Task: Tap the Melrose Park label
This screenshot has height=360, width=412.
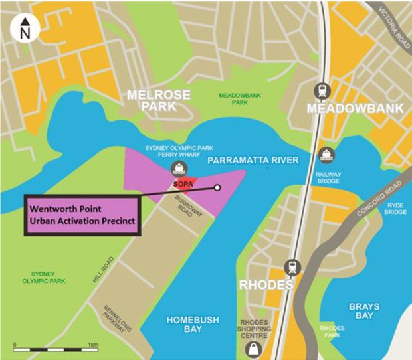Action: click(153, 100)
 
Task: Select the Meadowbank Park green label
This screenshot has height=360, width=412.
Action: click(240, 99)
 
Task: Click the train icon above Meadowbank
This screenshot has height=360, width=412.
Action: click(324, 90)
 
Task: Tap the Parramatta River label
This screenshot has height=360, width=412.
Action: click(253, 161)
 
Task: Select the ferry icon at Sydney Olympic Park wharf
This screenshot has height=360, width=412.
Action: click(178, 168)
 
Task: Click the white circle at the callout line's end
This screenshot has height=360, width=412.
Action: click(217, 188)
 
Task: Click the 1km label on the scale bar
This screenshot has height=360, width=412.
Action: click(92, 345)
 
